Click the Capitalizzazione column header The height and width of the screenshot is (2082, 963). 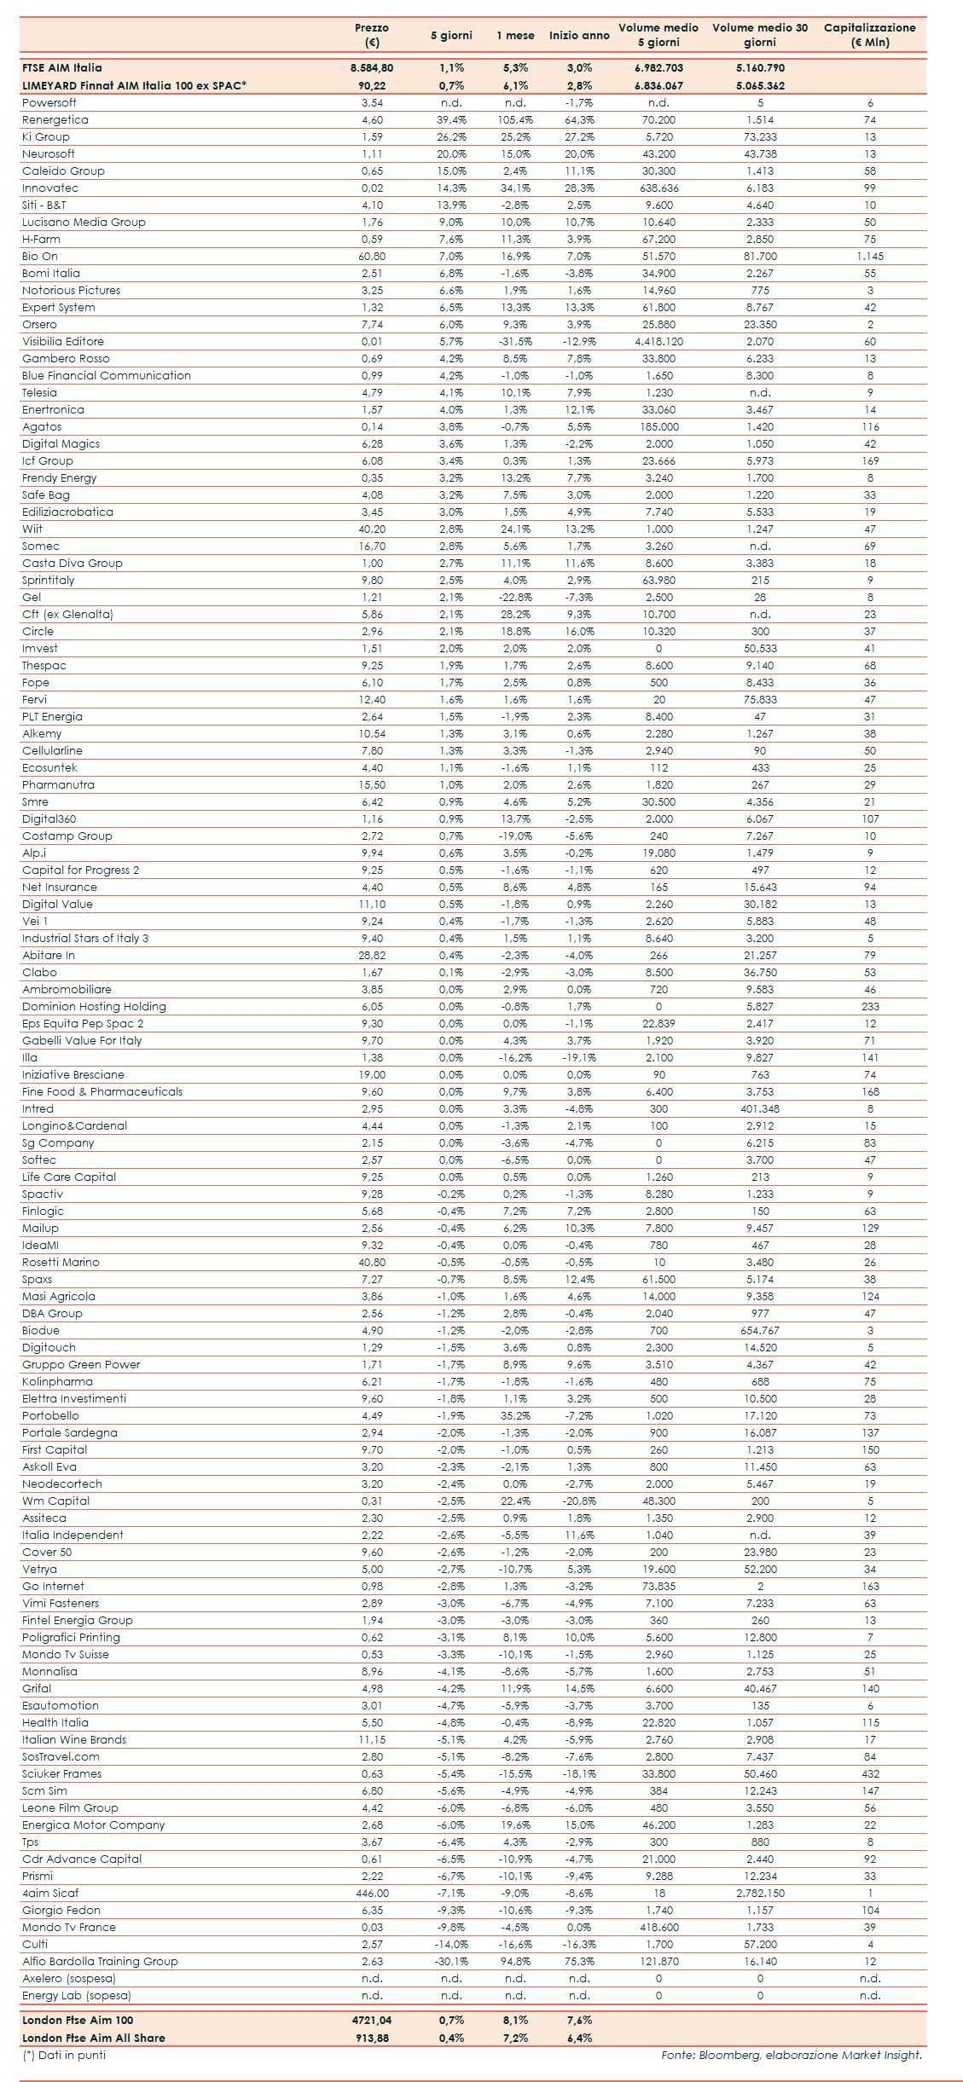point(869,34)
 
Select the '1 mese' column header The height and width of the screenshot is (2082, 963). point(515,35)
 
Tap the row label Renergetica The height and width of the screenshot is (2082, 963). point(55,120)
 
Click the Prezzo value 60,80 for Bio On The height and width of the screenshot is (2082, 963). point(372,257)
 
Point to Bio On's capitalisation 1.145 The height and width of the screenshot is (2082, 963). point(870,257)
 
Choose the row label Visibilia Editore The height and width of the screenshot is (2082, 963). point(63,342)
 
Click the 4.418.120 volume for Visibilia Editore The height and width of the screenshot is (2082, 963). point(658,342)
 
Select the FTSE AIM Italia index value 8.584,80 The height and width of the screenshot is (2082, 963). point(372,67)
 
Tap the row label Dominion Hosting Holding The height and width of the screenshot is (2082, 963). point(94,1007)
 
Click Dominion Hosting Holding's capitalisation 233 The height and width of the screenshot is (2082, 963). point(870,1007)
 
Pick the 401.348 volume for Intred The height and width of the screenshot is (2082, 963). point(760,1109)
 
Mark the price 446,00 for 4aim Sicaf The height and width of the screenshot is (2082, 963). point(372,1894)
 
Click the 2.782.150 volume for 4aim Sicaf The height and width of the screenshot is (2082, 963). point(760,1894)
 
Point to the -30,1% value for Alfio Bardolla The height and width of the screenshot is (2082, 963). point(451,1962)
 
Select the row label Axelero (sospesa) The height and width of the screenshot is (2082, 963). point(69,1979)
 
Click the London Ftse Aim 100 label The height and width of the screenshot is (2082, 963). point(78,2021)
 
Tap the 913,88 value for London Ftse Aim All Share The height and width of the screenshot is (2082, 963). point(372,2039)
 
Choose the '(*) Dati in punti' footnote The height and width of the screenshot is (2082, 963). point(64,2056)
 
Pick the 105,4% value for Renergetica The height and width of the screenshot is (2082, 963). point(515,120)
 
